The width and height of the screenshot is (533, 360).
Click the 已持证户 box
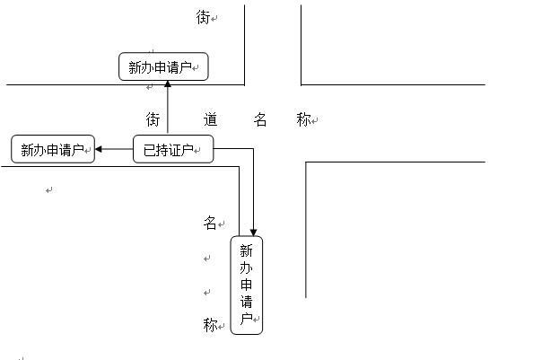pyautogui.click(x=173, y=149)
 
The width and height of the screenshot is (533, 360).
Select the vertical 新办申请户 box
pyautogui.click(x=247, y=285)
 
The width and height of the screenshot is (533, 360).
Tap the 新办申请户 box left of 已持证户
pyautogui.click(x=53, y=149)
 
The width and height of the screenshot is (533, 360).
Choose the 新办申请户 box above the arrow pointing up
pyautogui.click(x=163, y=66)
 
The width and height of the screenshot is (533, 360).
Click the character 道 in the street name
pyautogui.click(x=210, y=119)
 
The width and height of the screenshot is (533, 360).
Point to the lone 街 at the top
pyautogui.click(x=203, y=17)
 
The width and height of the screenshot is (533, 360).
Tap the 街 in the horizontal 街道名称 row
pyautogui.click(x=153, y=119)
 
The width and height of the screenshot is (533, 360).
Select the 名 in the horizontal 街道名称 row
pyautogui.click(x=260, y=119)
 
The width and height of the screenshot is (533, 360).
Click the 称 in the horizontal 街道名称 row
pyautogui.click(x=303, y=119)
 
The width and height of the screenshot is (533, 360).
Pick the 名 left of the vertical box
pyautogui.click(x=210, y=223)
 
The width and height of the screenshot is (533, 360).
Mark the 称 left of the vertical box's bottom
pyautogui.click(x=210, y=325)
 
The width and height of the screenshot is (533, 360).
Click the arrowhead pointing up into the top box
pyautogui.click(x=168, y=84)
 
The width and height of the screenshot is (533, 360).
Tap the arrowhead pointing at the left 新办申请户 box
pyautogui.click(x=99, y=149)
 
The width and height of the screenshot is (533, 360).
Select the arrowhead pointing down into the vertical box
pyautogui.click(x=253, y=233)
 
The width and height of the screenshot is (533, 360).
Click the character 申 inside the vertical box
pyautogui.click(x=246, y=285)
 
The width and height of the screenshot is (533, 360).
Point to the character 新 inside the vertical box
pyautogui.click(x=246, y=251)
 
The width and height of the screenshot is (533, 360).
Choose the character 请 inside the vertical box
pyautogui.click(x=246, y=302)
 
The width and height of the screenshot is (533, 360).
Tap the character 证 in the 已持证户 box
pyautogui.click(x=177, y=150)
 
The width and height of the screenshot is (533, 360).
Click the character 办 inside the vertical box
pyautogui.click(x=246, y=268)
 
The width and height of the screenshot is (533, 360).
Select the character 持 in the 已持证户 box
pyautogui.click(x=162, y=150)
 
